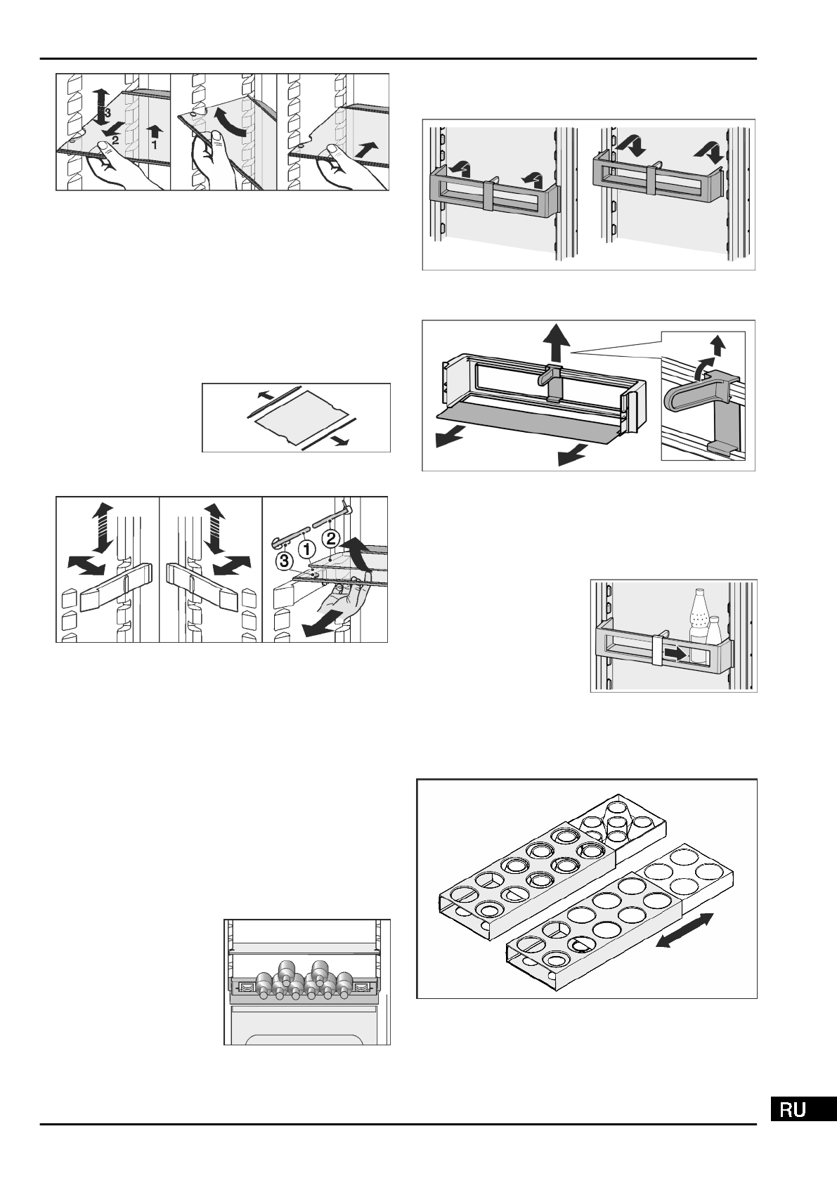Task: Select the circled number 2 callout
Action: [330, 539]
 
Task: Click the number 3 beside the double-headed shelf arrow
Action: [108, 112]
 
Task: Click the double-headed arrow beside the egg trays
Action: [684, 931]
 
